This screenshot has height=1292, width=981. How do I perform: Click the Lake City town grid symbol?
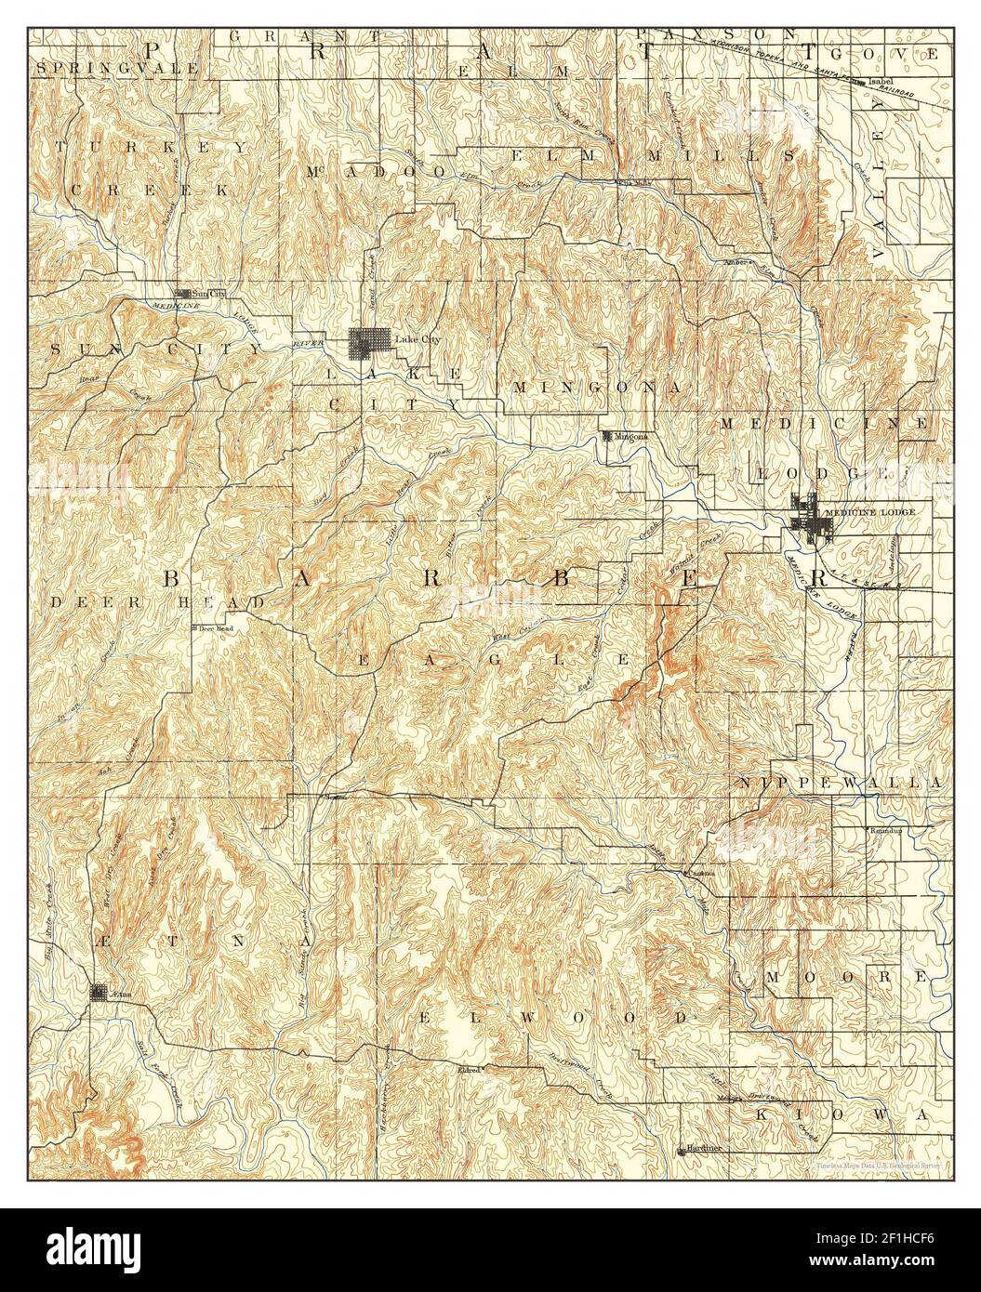tap(363, 343)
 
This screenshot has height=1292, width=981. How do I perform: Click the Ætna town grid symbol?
tap(98, 993)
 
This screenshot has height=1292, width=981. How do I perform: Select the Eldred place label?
tap(469, 1070)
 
